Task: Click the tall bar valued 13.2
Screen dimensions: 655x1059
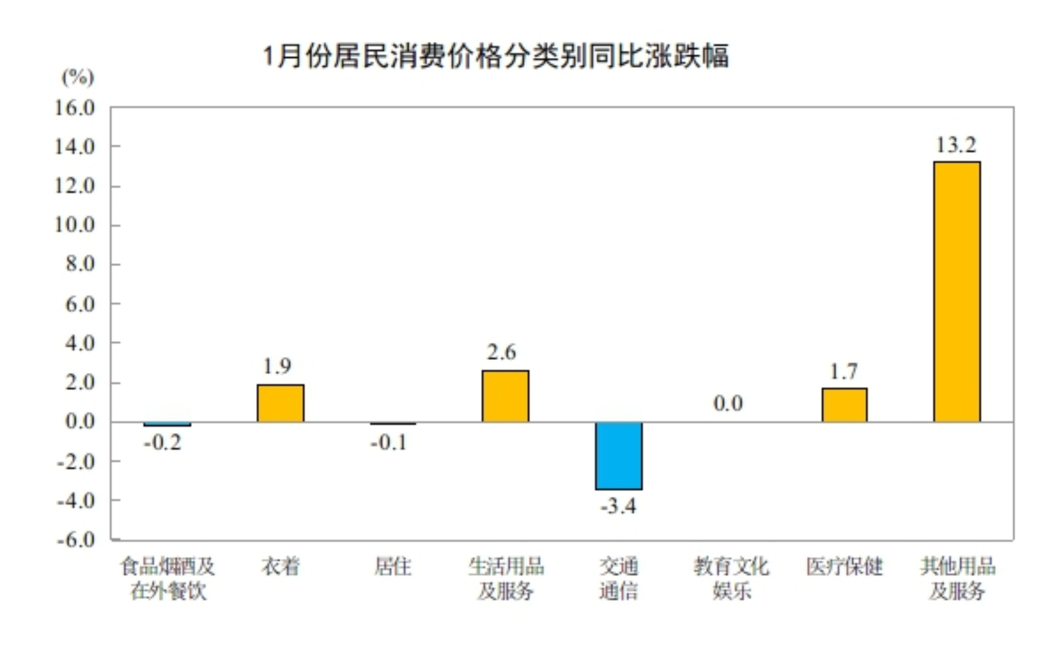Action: [957, 292]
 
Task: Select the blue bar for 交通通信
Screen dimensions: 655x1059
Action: [619, 456]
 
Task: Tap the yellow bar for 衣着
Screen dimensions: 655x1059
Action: [280, 403]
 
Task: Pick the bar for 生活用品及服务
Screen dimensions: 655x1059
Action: [505, 396]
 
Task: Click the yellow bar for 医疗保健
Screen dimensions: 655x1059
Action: [844, 405]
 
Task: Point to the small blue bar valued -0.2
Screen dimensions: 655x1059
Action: [167, 424]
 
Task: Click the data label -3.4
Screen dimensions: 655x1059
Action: [618, 506]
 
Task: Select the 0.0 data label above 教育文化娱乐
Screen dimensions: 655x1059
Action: [728, 404]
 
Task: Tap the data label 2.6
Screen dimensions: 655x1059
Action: [502, 352]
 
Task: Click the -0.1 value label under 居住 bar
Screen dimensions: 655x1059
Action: [389, 442]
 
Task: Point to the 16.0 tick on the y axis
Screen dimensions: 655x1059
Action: [75, 108]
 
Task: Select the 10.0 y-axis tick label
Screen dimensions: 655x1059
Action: [75, 225]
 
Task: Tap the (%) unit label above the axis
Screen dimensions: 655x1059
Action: [78, 77]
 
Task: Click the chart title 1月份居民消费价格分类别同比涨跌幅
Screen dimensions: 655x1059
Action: [495, 56]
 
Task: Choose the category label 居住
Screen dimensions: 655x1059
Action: [393, 567]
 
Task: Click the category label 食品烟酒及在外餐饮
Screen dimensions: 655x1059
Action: [168, 579]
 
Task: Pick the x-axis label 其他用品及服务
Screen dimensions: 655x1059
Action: [958, 579]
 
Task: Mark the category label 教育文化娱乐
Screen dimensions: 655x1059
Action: [731, 579]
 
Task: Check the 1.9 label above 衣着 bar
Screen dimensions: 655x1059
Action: [277, 366]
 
